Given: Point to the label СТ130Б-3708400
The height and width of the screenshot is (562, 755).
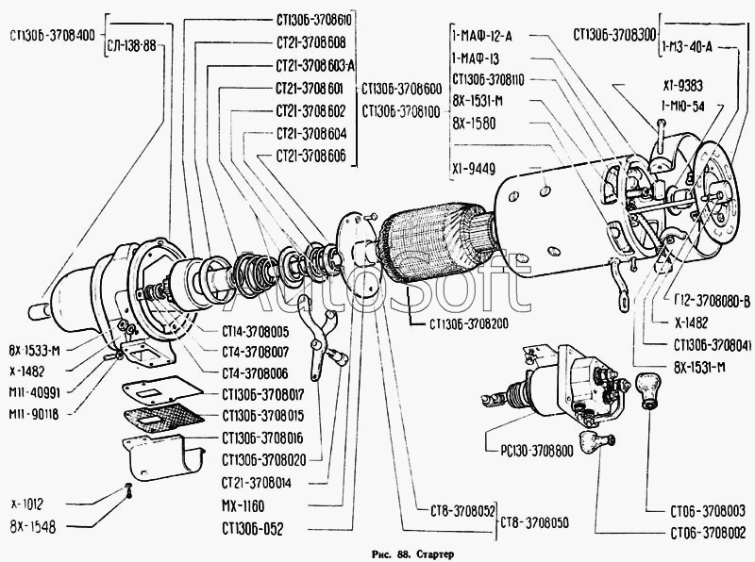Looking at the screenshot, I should pos(50,36).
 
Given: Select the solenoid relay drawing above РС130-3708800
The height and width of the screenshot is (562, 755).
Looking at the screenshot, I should pos(566,387).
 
